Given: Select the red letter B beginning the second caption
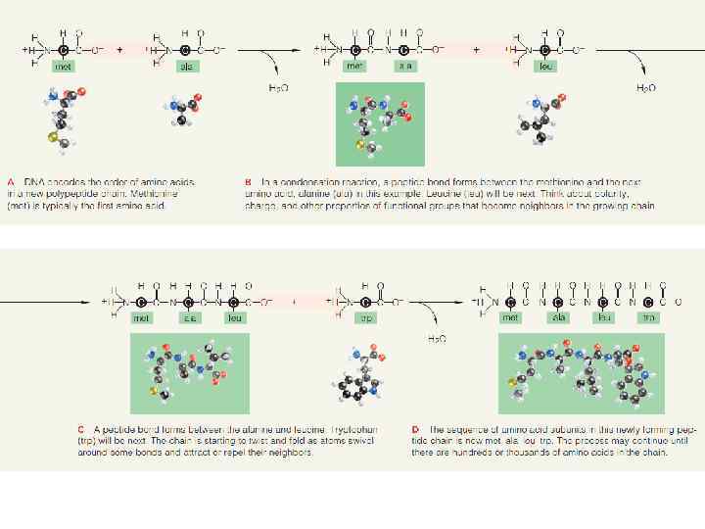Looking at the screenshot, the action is click(248, 181).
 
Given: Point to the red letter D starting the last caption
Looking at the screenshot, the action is click(416, 429).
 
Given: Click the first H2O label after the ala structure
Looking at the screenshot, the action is click(278, 88).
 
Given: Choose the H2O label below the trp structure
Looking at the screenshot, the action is click(436, 339).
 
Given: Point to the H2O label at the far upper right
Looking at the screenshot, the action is click(646, 88).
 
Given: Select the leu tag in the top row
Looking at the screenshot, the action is click(546, 67).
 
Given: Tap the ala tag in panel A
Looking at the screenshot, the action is click(186, 67).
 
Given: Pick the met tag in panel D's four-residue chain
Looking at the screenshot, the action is click(510, 318).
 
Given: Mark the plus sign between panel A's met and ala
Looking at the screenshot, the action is click(119, 48).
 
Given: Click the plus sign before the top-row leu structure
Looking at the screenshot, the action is click(477, 48).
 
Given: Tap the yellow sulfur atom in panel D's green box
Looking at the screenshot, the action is click(511, 381).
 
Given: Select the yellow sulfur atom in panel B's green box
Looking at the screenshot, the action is click(359, 146).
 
